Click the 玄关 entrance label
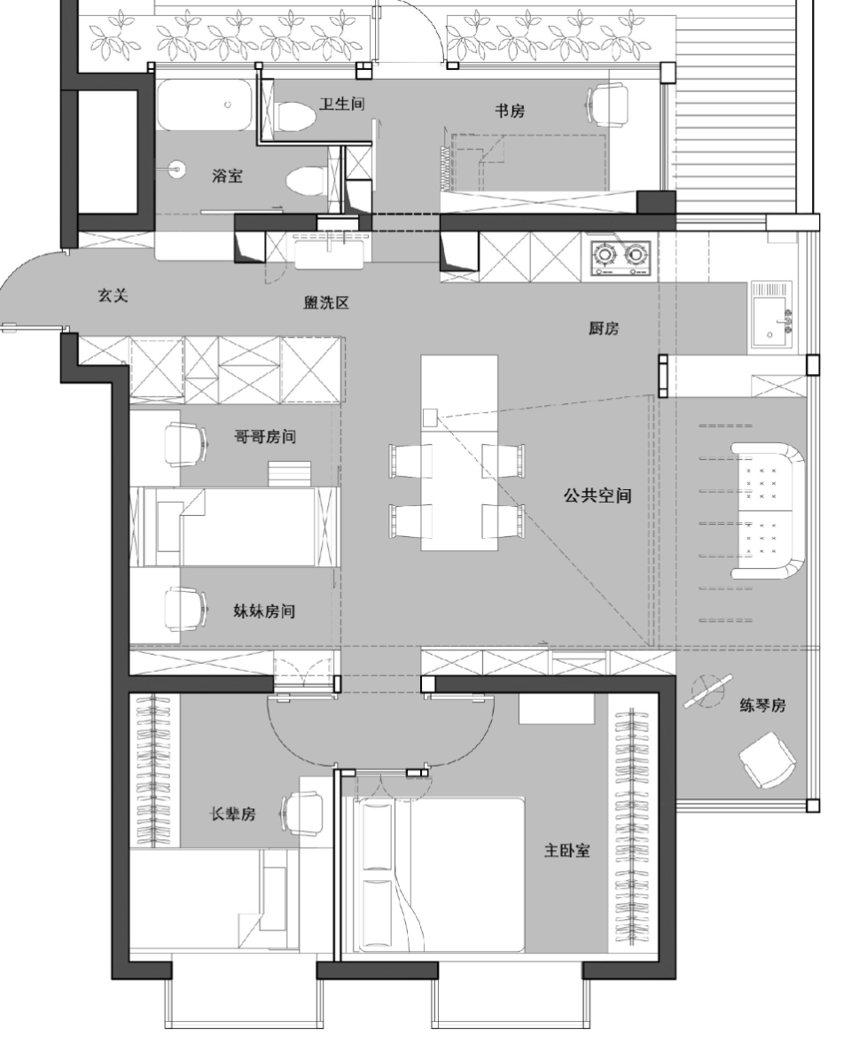(113, 295)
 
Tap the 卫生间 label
(341, 103)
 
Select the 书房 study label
(510, 111)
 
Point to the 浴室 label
(227, 175)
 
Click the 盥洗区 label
(326, 302)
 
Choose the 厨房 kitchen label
(604, 328)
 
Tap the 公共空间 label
(597, 495)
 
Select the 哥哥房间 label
(264, 437)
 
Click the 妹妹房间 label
(263, 611)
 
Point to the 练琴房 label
(762, 705)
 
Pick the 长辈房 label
(232, 814)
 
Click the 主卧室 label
(566, 850)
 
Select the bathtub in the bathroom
(205, 105)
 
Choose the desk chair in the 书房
(608, 104)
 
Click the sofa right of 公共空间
(768, 510)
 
